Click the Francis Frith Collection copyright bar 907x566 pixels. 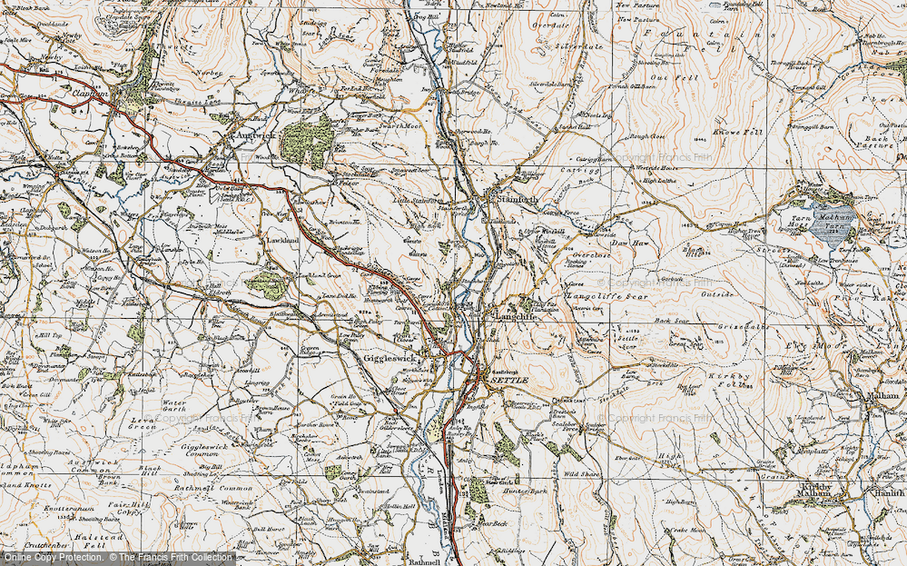(118, 558)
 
